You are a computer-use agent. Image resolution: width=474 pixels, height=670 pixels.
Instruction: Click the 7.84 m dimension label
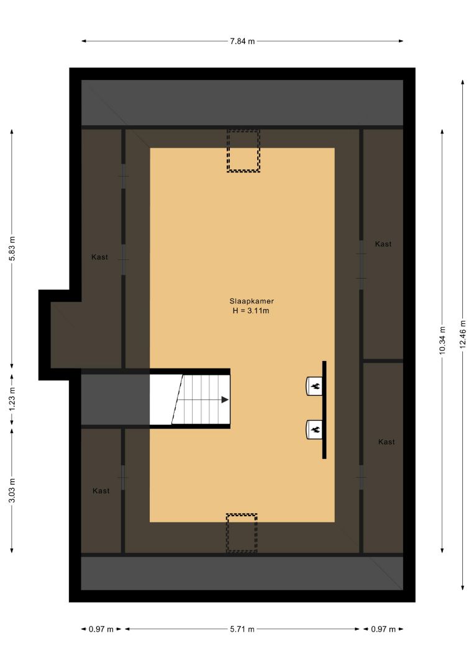[242, 42]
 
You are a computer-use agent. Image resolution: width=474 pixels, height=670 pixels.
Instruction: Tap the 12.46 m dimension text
[462, 334]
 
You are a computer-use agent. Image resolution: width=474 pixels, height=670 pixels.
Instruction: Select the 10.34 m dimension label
[442, 340]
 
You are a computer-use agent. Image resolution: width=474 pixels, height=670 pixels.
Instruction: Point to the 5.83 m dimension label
[12, 248]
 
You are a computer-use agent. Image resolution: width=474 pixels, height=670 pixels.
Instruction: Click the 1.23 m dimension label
[12, 399]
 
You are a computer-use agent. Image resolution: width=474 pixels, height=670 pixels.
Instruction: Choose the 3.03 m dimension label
[12, 491]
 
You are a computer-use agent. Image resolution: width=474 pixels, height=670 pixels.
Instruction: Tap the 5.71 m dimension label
[242, 629]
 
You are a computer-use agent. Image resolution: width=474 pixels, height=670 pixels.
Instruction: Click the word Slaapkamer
[252, 301]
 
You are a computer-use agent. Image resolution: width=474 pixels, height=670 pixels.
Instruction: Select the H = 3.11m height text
[251, 311]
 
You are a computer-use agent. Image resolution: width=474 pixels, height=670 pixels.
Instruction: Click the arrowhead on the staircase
[225, 400]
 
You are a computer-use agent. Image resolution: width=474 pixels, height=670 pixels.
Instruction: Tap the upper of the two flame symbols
[316, 386]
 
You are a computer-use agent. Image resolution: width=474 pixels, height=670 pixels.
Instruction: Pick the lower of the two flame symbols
[316, 429]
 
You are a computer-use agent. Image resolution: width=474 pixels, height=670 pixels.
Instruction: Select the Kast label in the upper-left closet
[99, 257]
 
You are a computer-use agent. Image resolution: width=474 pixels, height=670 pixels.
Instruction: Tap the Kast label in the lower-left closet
[101, 491]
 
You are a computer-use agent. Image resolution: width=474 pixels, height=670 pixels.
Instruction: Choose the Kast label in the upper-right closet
[383, 244]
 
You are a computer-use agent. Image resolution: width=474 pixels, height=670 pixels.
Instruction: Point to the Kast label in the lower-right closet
[386, 442]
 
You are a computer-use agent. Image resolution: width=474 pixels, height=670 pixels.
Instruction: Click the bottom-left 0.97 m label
[101, 629]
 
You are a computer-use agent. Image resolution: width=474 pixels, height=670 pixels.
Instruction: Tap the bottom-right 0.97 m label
[383, 629]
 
